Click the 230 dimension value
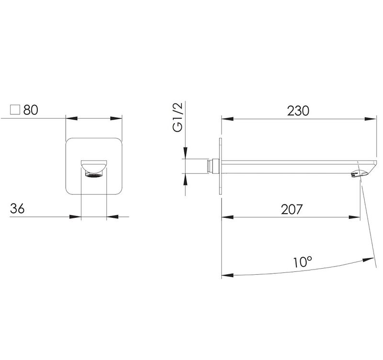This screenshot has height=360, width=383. pos(298,111)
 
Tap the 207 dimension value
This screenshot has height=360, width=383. pos(292,209)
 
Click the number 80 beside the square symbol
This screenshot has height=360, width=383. pos(31,110)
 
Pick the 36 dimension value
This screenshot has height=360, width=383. pos(17,209)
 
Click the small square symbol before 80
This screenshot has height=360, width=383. pos(15,110)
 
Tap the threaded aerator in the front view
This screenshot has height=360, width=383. pos(94,175)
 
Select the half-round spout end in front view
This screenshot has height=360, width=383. pos(94,167)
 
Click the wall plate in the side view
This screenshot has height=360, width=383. pos(221,166)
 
